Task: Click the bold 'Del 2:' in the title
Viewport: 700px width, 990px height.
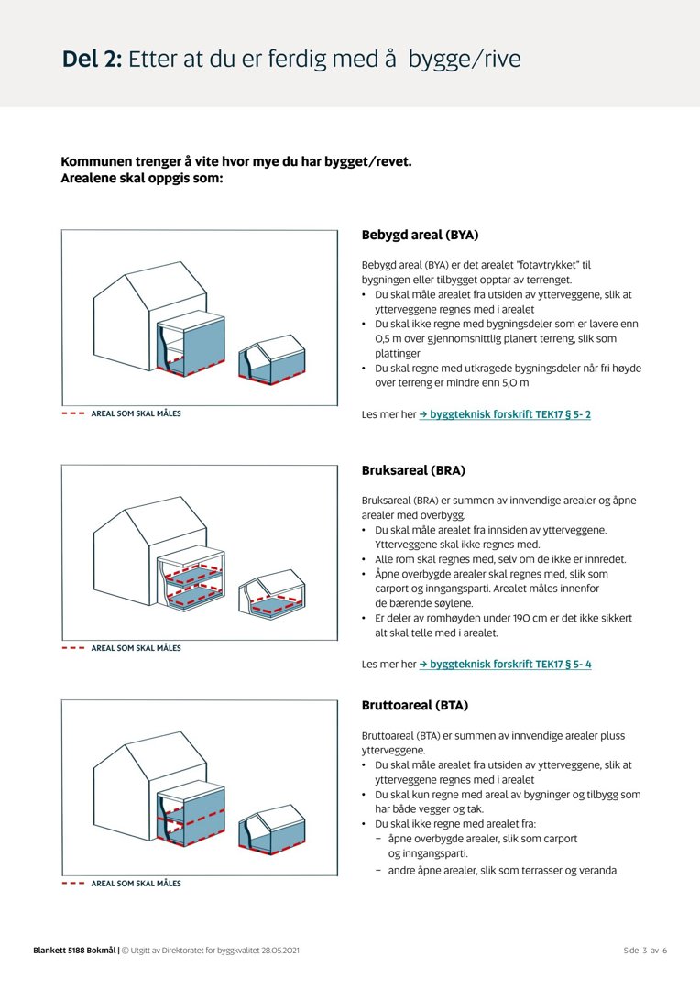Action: point(92,60)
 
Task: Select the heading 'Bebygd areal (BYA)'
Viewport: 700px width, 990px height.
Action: point(420,235)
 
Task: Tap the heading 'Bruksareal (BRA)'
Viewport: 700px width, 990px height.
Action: point(413,470)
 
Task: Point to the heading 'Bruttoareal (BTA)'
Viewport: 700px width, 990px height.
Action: point(415,705)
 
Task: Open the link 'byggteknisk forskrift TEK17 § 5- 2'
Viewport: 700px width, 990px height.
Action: point(505,414)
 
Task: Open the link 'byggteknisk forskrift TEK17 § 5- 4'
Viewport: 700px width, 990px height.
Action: point(505,664)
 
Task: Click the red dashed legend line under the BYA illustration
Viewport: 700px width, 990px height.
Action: point(73,413)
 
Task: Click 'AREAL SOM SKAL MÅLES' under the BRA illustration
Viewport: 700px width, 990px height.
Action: point(136,648)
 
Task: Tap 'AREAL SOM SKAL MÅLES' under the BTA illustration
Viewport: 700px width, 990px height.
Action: point(136,884)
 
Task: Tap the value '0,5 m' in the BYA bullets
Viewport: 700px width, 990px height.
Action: point(389,338)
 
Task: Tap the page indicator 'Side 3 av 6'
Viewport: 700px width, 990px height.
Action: point(645,951)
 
